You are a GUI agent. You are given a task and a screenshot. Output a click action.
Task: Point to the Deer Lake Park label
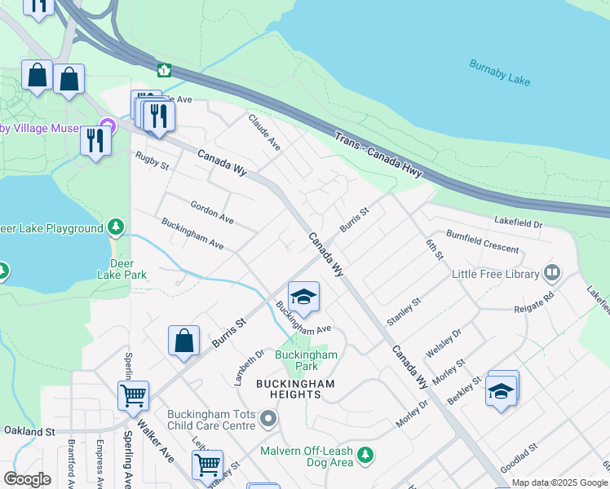(129, 269)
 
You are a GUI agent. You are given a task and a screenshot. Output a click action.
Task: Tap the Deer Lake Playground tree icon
(117, 226)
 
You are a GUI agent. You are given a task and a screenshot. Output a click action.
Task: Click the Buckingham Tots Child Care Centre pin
(269, 420)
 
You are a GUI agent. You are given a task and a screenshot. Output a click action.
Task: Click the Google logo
(27, 479)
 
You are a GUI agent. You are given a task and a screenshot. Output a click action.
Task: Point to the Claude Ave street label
(264, 132)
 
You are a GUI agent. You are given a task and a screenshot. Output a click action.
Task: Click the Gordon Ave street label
(212, 214)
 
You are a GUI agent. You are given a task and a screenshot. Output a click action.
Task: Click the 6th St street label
(434, 249)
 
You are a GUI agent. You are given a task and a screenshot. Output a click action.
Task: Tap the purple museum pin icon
(106, 129)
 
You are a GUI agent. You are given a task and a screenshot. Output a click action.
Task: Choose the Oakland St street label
(29, 430)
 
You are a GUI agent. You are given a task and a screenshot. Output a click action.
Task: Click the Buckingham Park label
(306, 360)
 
